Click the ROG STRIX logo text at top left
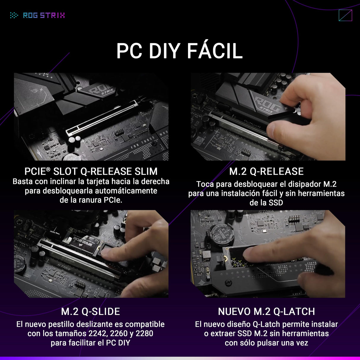click(44, 15)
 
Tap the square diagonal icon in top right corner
click(345, 15)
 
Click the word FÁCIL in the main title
click(215, 51)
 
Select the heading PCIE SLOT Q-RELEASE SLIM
click(91, 171)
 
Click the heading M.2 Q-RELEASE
click(266, 171)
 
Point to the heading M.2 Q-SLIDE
click(90, 311)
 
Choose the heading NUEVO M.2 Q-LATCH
click(266, 311)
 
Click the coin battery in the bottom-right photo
click(220, 234)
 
